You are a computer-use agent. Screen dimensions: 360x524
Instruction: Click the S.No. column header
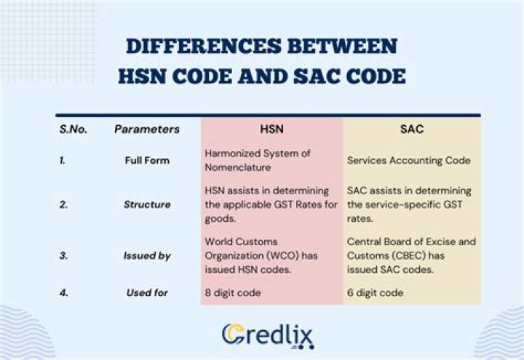(x=74, y=129)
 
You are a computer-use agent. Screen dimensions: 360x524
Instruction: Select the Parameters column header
(x=146, y=129)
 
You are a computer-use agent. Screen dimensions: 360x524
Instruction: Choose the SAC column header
(x=411, y=129)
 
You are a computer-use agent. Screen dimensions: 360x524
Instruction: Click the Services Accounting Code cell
(x=408, y=160)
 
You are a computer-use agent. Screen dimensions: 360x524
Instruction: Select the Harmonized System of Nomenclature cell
(x=258, y=159)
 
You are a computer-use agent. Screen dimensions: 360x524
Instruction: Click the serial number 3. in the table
(x=64, y=255)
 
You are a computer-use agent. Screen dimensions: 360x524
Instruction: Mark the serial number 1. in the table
(x=63, y=160)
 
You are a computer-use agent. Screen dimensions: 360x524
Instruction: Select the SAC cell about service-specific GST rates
(x=410, y=204)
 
